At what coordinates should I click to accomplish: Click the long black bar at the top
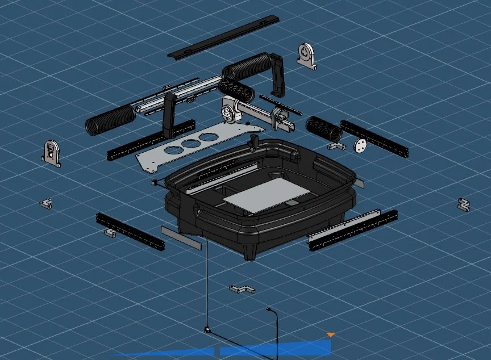pyautogui.click(x=223, y=36)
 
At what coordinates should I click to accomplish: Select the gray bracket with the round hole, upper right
pyautogui.click(x=306, y=56)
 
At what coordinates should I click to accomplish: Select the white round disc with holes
pyautogui.click(x=360, y=145)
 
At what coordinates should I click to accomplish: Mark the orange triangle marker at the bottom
pyautogui.click(x=331, y=335)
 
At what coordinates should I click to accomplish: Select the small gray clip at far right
pyautogui.click(x=464, y=204)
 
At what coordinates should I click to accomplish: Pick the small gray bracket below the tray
pyautogui.click(x=242, y=289)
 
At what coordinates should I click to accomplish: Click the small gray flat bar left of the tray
pyautogui.click(x=181, y=237)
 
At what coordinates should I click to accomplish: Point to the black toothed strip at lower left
pyautogui.click(x=130, y=231)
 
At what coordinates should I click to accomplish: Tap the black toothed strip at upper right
pyautogui.click(x=374, y=139)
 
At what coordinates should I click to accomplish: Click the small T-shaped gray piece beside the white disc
pyautogui.click(x=337, y=146)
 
